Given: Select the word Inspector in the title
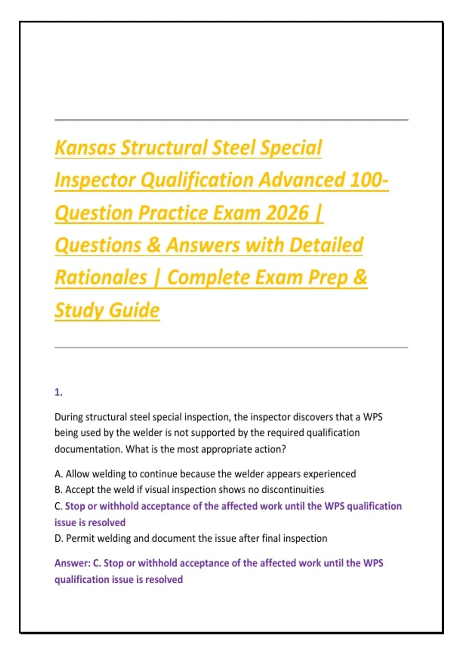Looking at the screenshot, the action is (x=95, y=181).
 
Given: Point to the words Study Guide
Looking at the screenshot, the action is (x=107, y=310).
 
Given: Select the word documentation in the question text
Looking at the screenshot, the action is (x=89, y=449).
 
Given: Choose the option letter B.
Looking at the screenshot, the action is (x=59, y=490).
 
